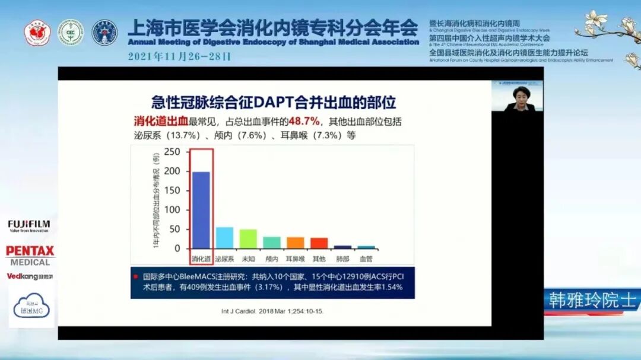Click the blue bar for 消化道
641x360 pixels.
(201, 209)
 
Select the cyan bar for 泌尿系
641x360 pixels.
(224, 237)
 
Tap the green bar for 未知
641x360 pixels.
(248, 238)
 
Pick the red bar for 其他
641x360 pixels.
(319, 243)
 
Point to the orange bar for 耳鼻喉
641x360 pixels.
(295, 242)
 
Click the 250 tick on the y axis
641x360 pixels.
(172, 152)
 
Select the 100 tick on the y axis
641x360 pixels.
(172, 209)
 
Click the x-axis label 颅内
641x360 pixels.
(272, 259)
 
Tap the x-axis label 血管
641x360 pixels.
(366, 259)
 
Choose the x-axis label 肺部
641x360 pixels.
(342, 259)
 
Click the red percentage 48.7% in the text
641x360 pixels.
(304, 122)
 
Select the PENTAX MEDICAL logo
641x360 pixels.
(30, 255)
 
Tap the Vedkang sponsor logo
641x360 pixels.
(30, 276)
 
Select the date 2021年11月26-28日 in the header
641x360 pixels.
(179, 58)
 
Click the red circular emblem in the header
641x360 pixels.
(37, 33)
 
